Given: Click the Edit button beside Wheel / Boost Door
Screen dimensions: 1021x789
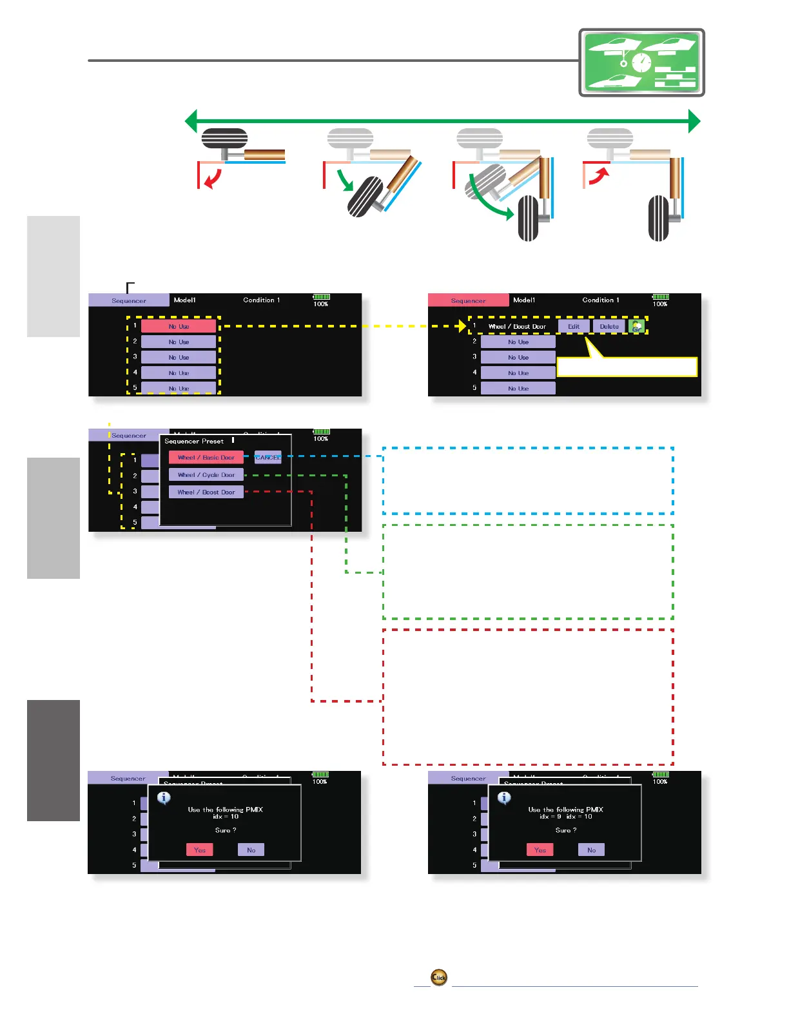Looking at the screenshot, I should pyautogui.click(x=573, y=327).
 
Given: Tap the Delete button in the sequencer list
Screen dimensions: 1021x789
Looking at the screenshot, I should pyautogui.click(x=609, y=327).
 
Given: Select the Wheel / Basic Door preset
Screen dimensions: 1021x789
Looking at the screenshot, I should pyautogui.click(x=206, y=458).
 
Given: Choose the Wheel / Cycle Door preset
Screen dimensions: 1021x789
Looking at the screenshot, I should pyautogui.click(x=206, y=475).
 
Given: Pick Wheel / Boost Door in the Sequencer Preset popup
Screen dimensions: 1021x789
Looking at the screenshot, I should pyautogui.click(x=206, y=492).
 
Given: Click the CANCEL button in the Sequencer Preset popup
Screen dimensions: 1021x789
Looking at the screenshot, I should pyautogui.click(x=268, y=458).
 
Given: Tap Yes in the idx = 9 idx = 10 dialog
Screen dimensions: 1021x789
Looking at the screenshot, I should pyautogui.click(x=540, y=850).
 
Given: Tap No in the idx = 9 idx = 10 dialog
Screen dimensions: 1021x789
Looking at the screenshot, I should pyautogui.click(x=591, y=850).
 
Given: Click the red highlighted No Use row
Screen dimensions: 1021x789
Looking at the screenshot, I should pyautogui.click(x=179, y=327).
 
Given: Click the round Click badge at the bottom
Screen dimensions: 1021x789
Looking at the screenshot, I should pyautogui.click(x=439, y=977).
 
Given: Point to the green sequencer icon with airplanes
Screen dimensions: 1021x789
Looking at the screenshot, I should pyautogui.click(x=641, y=63).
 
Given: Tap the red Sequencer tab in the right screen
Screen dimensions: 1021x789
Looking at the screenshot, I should pyautogui.click(x=468, y=300).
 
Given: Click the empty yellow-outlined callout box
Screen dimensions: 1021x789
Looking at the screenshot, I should pyautogui.click(x=627, y=367).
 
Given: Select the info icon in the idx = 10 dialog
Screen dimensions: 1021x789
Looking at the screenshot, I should pyautogui.click(x=164, y=798).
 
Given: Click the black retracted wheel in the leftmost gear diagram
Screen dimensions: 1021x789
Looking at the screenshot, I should pyautogui.click(x=224, y=138).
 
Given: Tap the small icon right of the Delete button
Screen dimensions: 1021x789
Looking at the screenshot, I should pyautogui.click(x=637, y=327).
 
